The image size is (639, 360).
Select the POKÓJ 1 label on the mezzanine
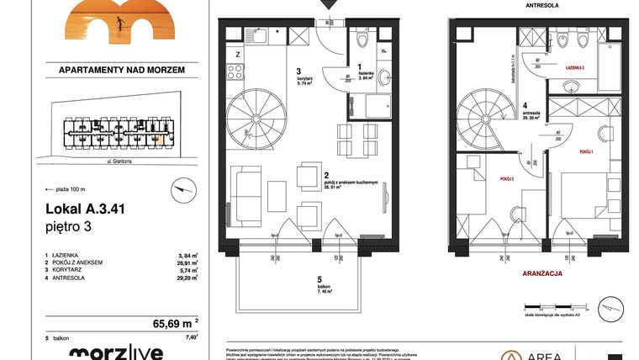click(588, 152)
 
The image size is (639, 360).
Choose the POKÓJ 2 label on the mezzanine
click(506, 179)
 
